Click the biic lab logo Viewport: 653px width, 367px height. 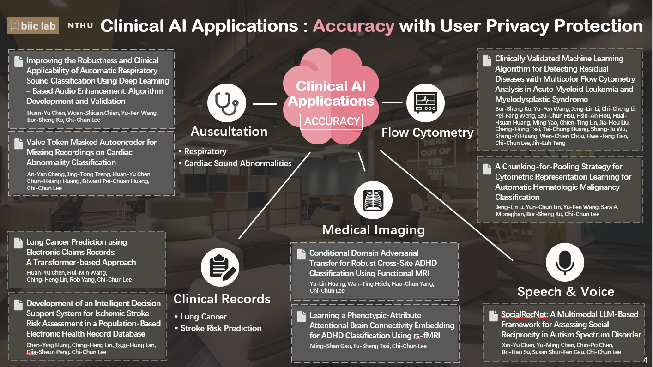tap(32, 25)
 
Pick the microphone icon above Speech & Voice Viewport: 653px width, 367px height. tap(565, 262)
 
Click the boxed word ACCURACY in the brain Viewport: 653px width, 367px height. tap(332, 121)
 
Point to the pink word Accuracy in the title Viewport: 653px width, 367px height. tap(353, 26)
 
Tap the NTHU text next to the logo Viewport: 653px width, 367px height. tap(80, 26)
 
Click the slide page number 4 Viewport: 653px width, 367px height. tap(645, 360)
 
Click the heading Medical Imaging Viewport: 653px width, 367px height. tap(373, 229)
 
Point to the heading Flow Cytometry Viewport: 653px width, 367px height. tap(427, 133)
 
